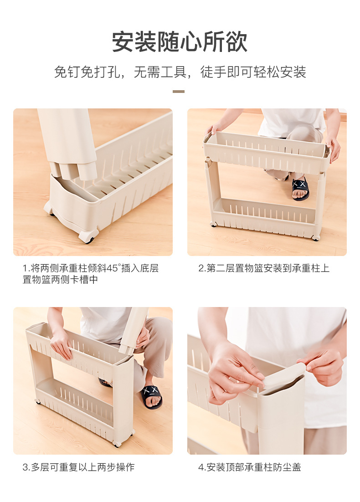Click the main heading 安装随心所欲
coord(180,42)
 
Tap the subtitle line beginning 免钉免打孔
coord(180,72)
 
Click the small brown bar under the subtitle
coord(179,92)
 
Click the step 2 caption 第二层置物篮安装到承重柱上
coord(264,268)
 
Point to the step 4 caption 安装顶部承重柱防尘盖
coord(249,467)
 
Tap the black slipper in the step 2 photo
coord(300,188)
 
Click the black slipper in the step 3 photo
coord(151,395)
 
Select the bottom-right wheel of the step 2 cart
coord(315,237)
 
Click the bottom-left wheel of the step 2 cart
coord(213,224)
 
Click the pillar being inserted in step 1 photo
coord(68,141)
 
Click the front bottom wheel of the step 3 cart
coord(118,443)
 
